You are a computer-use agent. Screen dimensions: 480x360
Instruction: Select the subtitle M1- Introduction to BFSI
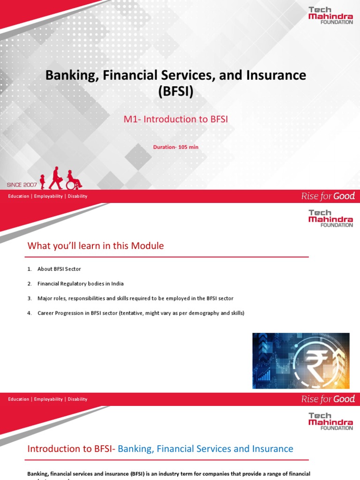pos(176,119)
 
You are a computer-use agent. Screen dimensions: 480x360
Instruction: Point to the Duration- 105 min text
pos(176,147)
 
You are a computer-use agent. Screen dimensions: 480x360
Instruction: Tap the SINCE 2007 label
pos(21,185)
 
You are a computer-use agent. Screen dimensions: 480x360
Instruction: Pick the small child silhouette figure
pos(43,181)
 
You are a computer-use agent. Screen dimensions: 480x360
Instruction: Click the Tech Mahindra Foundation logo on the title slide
pos(330,15)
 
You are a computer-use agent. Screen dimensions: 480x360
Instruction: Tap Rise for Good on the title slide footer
pos(328,196)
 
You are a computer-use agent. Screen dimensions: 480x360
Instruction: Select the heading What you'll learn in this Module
pos(96,246)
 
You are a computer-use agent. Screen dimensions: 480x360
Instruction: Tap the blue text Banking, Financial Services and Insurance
pos(205,449)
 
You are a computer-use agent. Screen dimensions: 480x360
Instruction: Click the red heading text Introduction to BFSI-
pos(72,449)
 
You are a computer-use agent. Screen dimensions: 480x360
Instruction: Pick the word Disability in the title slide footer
pos(77,196)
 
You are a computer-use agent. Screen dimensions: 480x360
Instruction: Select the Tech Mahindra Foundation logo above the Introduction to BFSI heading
pos(330,421)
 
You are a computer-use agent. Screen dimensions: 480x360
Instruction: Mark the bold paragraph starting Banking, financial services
pos(169,474)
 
